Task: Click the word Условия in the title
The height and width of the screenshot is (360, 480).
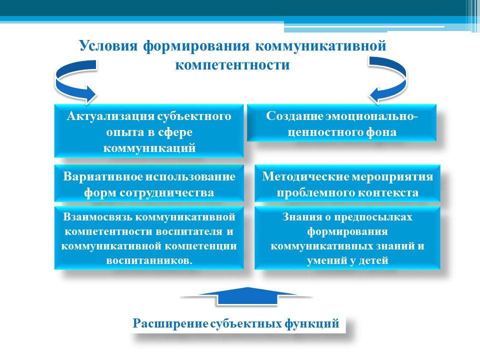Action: tap(108, 46)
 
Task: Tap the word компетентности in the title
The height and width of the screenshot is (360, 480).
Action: tap(232, 65)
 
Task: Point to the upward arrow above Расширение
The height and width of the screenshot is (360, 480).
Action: tap(247, 296)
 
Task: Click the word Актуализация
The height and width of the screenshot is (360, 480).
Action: tap(110, 116)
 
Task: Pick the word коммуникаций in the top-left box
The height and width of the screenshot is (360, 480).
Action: tap(149, 148)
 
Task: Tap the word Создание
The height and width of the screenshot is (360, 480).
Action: tap(294, 116)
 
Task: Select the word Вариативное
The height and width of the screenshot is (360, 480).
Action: tap(102, 176)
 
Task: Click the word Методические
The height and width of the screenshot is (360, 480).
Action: tap(305, 176)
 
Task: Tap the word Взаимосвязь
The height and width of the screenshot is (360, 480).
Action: tap(97, 216)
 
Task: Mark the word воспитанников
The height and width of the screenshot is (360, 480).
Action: tap(149, 260)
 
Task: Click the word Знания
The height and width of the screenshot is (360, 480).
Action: tap(302, 216)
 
